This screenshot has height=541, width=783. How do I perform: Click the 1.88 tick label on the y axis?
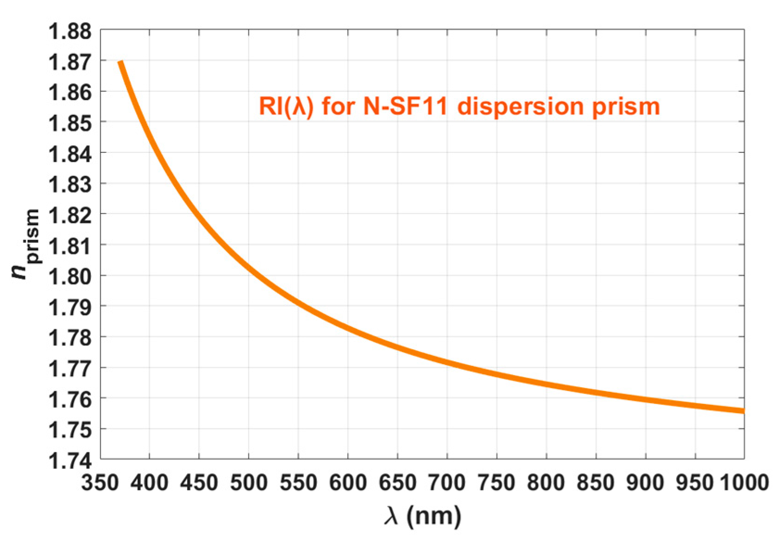pyautogui.click(x=70, y=31)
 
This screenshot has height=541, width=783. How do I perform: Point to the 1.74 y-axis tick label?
pyautogui.click(x=70, y=461)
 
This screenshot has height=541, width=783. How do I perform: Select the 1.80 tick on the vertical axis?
pyautogui.click(x=70, y=277)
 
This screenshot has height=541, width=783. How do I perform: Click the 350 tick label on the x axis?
pyautogui.click(x=101, y=483)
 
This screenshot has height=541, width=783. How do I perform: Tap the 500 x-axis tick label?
pyautogui.click(x=249, y=483)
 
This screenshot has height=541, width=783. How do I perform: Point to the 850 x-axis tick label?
pyautogui.click(x=596, y=483)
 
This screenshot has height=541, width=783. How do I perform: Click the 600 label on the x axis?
pyautogui.click(x=348, y=483)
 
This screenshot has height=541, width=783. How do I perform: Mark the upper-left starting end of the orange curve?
pyautogui.click(x=120, y=63)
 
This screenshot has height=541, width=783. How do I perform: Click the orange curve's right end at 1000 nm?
pyautogui.click(x=743, y=410)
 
